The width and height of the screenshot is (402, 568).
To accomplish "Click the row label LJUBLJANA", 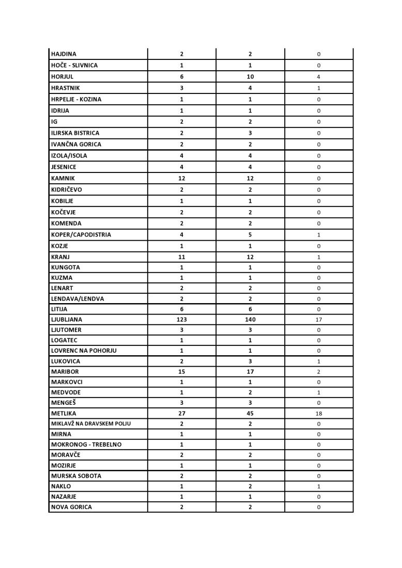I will [66, 320].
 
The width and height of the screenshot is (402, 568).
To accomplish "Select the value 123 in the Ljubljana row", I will [181, 320].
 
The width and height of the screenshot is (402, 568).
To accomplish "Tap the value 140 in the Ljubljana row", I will [250, 320].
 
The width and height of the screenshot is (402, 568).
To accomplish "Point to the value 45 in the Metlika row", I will [250, 413].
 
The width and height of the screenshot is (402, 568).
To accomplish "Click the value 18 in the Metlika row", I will [319, 414].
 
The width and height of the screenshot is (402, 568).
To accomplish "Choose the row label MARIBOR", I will [65, 372].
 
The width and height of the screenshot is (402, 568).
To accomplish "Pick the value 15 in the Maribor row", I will [181, 372].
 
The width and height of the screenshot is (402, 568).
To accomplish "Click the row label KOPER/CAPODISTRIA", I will [81, 234].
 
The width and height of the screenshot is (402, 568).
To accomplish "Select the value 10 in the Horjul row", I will [250, 76].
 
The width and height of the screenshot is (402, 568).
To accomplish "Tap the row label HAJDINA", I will [64, 54].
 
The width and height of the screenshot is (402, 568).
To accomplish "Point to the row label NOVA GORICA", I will [71, 507].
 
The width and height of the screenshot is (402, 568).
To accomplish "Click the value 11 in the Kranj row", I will [181, 257].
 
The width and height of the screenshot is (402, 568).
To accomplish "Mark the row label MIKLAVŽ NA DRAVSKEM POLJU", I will [90, 423].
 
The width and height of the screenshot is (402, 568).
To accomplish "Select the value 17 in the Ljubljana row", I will [319, 320].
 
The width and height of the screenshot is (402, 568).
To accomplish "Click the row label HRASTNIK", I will [66, 88].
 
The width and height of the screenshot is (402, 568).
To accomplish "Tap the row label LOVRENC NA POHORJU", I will [84, 351].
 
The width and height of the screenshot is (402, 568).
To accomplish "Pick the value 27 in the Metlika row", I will [181, 413].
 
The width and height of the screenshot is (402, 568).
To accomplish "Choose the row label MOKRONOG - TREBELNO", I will [86, 445].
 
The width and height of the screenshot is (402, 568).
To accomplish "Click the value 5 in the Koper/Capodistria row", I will [250, 234].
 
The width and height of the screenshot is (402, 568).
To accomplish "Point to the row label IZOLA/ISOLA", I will [69, 155].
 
